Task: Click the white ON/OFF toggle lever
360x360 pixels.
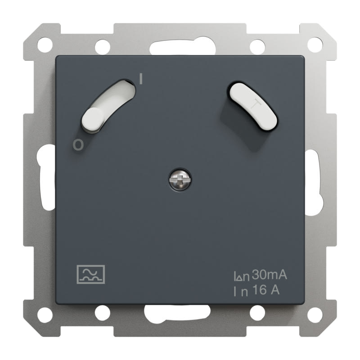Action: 108,106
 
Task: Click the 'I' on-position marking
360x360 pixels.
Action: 141,78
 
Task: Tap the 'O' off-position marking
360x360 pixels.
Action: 78,145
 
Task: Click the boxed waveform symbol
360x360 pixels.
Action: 91,274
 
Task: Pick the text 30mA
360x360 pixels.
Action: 270,274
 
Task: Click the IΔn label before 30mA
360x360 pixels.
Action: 242,276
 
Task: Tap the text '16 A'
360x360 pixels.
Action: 266,290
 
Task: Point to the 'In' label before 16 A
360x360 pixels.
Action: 241,291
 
